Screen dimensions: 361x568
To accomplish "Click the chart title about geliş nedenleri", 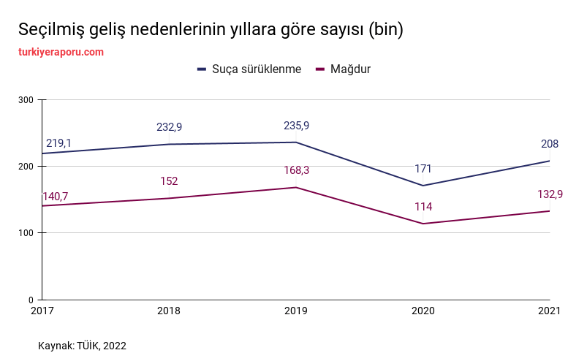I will (211, 30).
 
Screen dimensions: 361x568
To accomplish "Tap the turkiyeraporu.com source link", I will (61, 52).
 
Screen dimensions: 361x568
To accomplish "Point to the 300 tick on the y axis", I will (26, 99).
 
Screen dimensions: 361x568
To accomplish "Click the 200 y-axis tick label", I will (26, 167).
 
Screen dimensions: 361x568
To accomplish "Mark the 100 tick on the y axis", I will (26, 233).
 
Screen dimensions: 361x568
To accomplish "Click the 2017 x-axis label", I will (42, 311).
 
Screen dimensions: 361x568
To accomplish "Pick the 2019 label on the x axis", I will (296, 311).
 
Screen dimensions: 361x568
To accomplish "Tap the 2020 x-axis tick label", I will (423, 311).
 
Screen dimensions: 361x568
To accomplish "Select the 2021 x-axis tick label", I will (549, 311).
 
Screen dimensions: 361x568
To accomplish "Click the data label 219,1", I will (58, 143).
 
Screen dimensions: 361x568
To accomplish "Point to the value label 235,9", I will (296, 126).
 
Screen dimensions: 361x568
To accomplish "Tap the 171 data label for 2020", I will (423, 169).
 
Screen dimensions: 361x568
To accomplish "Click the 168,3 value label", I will (296, 170).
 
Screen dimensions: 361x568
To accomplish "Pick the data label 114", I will (423, 207).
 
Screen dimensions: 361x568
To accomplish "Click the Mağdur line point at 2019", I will (296, 188).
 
